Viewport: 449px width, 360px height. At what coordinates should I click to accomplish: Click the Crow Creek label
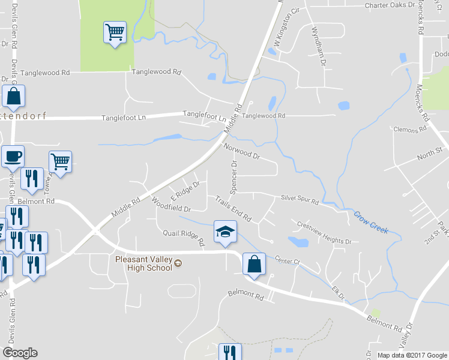pos(370,222)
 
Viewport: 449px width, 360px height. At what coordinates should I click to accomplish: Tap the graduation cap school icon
pos(225,233)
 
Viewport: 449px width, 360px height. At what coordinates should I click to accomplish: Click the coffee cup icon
pos(13,157)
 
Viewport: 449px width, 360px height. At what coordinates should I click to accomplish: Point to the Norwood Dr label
pos(241,150)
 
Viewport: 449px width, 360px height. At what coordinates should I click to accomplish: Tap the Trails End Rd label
pos(233,208)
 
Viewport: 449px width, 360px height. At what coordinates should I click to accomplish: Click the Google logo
pos(20,353)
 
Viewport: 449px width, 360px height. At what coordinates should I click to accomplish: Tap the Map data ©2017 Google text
pos(412,355)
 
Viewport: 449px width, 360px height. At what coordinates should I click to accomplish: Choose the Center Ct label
pos(288,259)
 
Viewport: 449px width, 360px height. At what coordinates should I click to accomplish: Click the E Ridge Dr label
pos(184,192)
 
